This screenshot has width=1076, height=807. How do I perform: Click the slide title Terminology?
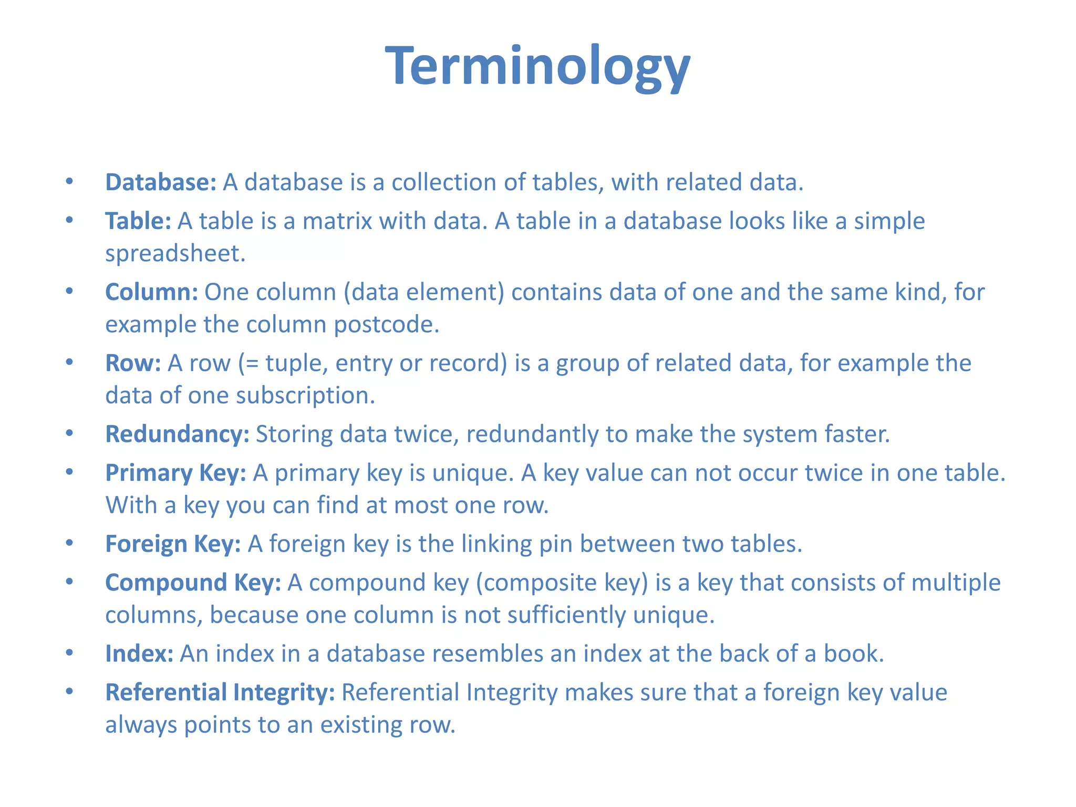coord(537,66)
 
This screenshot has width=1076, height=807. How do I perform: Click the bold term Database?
coord(161,182)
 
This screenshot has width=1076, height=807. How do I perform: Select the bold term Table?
coord(138,221)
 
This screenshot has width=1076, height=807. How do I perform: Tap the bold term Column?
coord(151,292)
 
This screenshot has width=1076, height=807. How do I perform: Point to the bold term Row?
coord(133,363)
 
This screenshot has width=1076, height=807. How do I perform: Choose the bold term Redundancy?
coord(177,434)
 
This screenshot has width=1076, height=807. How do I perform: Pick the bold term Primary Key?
coord(175,473)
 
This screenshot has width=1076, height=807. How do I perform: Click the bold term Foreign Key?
coord(173,544)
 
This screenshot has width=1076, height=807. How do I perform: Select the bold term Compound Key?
coord(193,583)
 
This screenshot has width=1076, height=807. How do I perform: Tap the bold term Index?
coord(139,654)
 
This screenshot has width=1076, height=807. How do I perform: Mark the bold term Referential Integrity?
coord(220,692)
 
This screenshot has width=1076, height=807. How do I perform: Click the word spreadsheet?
coord(175,254)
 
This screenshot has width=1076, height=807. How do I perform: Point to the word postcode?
coord(386,325)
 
